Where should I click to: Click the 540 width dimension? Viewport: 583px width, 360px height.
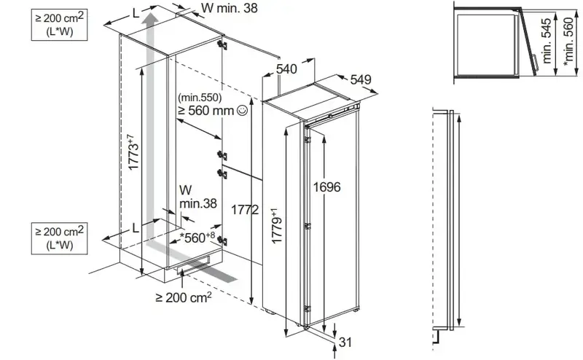(286, 69)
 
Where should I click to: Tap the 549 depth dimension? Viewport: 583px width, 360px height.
(361, 79)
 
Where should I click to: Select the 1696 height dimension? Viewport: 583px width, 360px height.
(326, 187)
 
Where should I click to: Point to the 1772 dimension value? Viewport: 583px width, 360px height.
(245, 210)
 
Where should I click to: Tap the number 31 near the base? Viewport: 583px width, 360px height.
(345, 343)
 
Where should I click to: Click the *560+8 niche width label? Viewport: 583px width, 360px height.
(197, 238)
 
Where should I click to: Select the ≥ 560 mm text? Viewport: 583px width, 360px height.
(206, 111)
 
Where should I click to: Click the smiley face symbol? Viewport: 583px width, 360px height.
(242, 110)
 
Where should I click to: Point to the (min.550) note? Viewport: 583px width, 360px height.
(200, 98)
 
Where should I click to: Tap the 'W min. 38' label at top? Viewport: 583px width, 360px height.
(229, 8)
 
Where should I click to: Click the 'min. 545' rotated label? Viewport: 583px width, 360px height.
(546, 41)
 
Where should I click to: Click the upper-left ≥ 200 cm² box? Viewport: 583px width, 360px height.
(60, 25)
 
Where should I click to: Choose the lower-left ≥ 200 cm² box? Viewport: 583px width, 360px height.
(60, 238)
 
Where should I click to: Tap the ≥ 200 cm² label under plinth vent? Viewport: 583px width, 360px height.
(184, 297)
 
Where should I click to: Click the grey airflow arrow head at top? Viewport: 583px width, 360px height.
(151, 20)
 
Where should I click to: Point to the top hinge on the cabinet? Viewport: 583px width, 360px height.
(223, 45)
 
